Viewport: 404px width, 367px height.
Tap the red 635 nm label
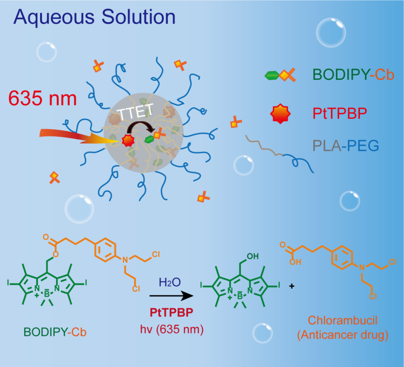click(x=42, y=99)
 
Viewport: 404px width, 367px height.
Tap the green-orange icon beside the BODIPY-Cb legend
click(x=280, y=76)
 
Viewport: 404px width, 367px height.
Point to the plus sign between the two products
click(x=292, y=287)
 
